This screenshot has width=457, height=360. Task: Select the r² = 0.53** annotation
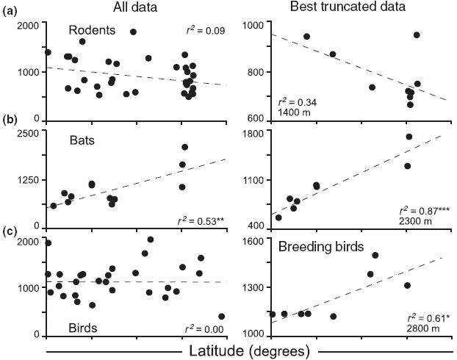pos(201,220)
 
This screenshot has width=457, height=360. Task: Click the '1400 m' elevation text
pos(292,114)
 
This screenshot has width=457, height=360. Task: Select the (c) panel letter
pos(11,233)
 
